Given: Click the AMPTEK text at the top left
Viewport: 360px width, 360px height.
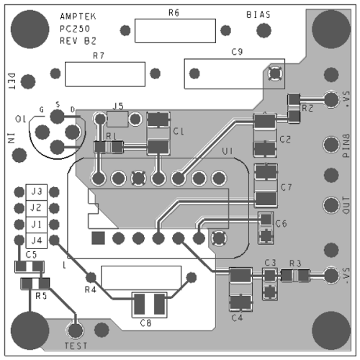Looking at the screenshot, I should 77,15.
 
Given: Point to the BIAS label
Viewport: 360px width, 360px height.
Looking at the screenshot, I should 259,15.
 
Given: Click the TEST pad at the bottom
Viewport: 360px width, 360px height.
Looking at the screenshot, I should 76,330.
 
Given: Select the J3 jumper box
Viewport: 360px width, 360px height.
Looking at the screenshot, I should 34,192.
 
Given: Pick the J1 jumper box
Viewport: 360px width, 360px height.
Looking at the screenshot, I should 34,224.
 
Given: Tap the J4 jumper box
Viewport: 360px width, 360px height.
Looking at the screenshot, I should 34,240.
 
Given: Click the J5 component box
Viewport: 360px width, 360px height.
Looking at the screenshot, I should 119,117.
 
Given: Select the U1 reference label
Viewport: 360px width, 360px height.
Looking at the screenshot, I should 228,151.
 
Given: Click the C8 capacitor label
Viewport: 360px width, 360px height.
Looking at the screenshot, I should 146,322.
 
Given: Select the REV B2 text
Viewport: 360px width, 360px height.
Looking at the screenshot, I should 78,41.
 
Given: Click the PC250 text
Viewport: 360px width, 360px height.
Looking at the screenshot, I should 75,28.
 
